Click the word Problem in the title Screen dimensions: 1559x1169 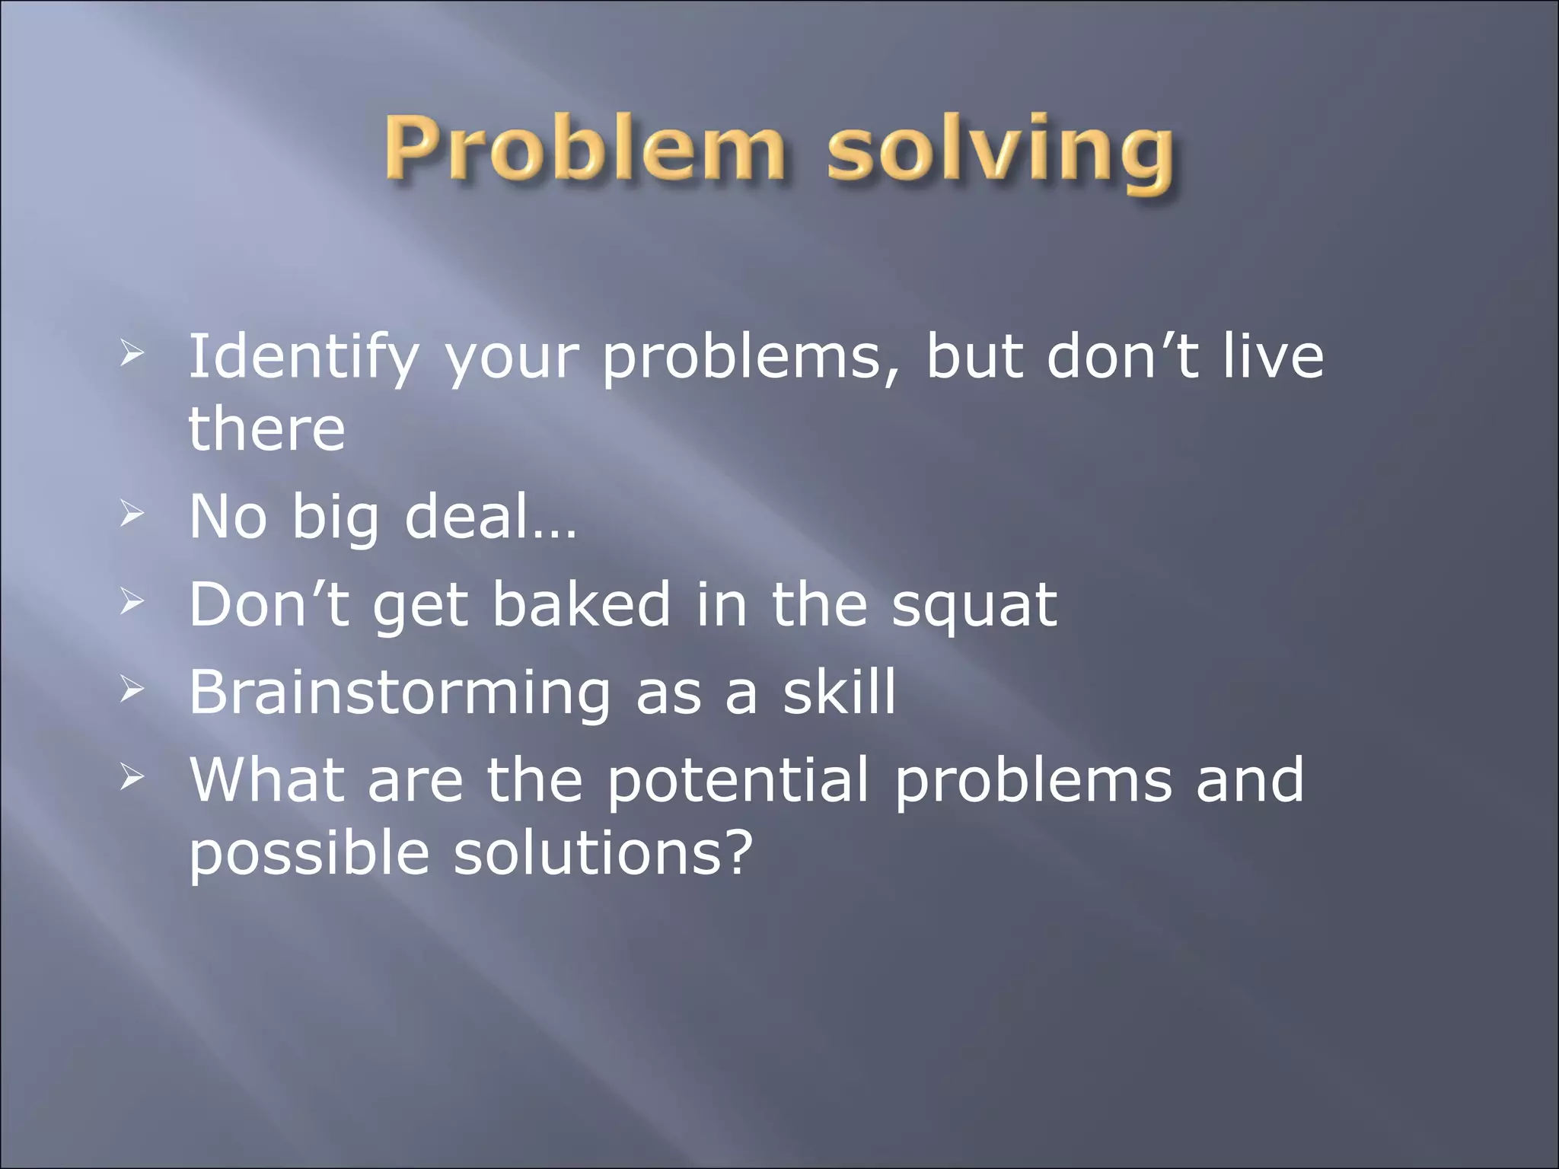[583, 149]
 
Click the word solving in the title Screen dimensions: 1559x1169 [1000, 151]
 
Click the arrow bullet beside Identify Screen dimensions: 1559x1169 [132, 352]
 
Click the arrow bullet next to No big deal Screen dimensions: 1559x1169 [132, 515]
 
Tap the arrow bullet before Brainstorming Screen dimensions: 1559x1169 [132, 690]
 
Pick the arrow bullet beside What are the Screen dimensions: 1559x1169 [132, 777]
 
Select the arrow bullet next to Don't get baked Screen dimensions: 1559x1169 [132, 603]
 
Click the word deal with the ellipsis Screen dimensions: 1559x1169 [490, 517]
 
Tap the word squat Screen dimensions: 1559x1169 [974, 607]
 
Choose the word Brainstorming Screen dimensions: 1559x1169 [399, 693]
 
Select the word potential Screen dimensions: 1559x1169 [737, 782]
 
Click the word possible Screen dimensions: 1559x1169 [309, 855]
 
